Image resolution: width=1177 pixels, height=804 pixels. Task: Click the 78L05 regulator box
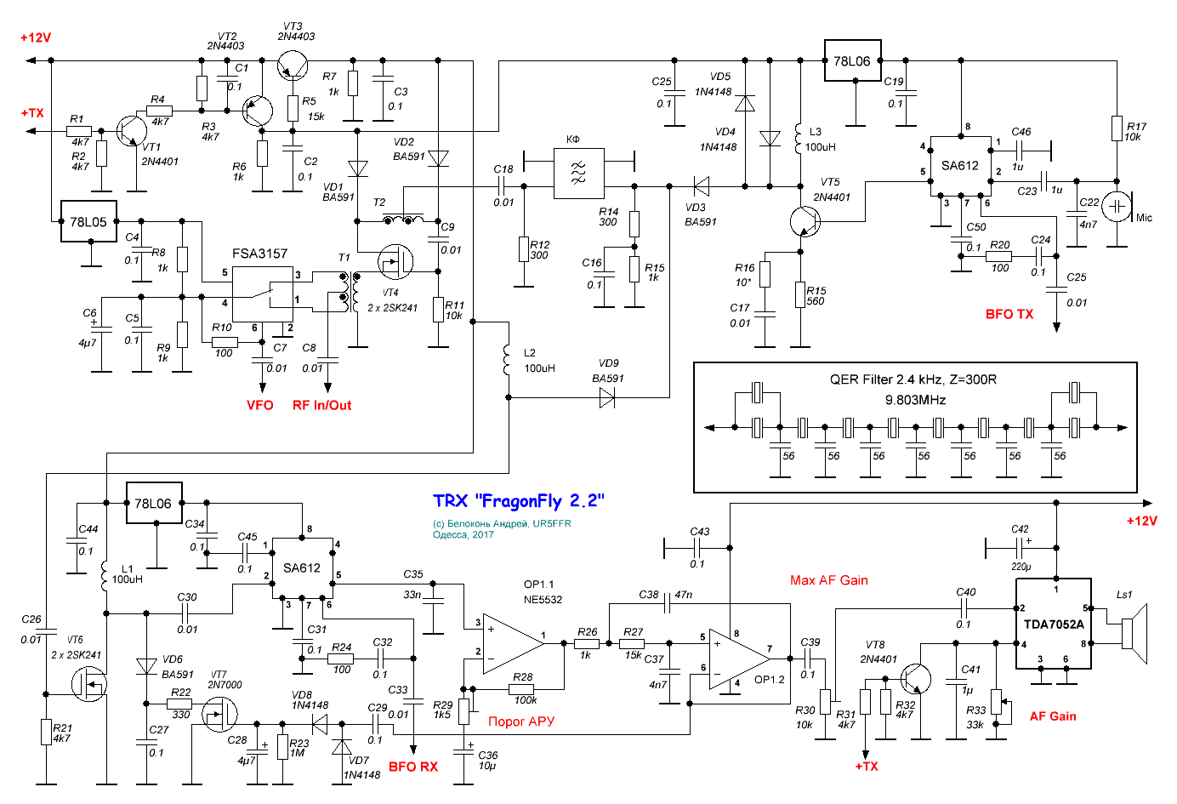[x=88, y=221]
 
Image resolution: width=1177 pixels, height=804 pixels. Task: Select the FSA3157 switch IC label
[x=259, y=254]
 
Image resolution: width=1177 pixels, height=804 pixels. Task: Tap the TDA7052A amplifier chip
[x=1054, y=624]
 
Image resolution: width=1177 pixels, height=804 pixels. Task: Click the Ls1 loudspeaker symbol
[x=1135, y=634]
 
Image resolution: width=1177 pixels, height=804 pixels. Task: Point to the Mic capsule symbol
[x=1117, y=206]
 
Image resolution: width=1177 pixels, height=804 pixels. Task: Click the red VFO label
[x=260, y=406]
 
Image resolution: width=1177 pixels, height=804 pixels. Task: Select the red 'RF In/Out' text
[x=321, y=406]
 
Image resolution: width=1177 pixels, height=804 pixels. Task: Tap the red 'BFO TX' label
[x=1009, y=315]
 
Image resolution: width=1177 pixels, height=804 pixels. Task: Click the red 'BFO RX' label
[x=413, y=767]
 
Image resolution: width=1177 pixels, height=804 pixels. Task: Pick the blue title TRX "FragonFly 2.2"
[x=519, y=501]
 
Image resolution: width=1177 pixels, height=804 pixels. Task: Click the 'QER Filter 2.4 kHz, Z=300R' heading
[x=913, y=379]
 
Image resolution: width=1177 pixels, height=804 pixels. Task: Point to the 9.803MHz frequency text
[x=915, y=400]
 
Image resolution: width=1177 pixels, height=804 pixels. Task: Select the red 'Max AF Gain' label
[x=829, y=580]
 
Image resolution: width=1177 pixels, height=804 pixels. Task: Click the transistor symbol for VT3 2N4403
[x=293, y=66]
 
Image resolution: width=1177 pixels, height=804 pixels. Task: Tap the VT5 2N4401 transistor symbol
[x=805, y=221]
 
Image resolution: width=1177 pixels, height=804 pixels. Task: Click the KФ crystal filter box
[x=578, y=173]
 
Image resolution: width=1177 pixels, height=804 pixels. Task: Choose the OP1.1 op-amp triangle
[x=514, y=643]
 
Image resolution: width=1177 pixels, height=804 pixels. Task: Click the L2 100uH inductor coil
[x=506, y=360]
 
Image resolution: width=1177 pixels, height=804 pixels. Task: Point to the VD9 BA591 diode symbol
[x=607, y=397]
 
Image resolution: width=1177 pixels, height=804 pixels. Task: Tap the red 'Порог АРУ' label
[x=521, y=721]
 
